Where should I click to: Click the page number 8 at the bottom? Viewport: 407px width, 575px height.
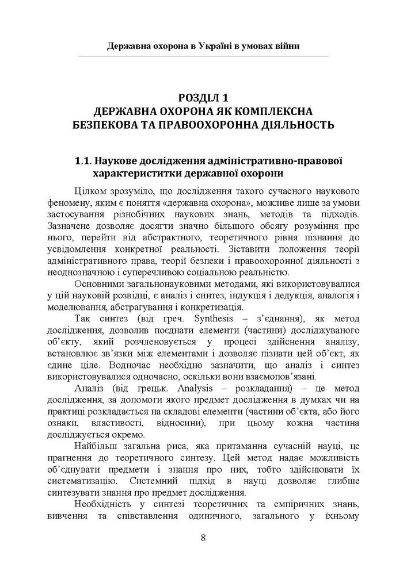[203, 538]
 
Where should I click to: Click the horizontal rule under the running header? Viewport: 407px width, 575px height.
[203, 56]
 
